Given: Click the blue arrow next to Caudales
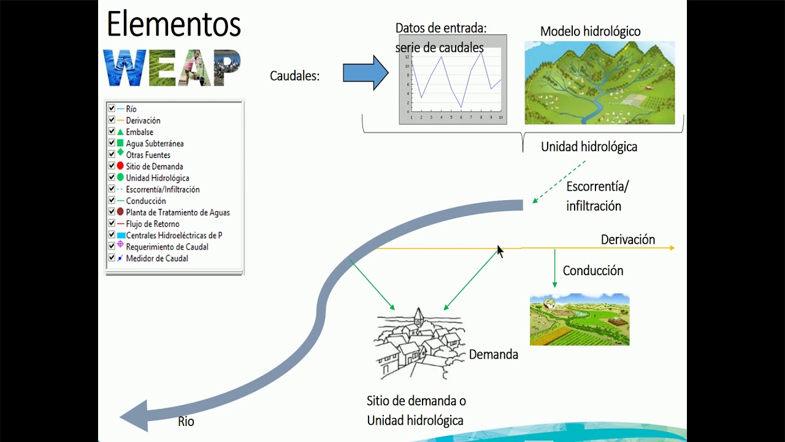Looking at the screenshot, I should click(365, 73).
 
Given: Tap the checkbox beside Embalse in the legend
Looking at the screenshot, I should click(112, 131).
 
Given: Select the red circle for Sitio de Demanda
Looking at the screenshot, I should click(120, 166).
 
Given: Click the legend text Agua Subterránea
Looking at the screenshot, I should click(155, 144).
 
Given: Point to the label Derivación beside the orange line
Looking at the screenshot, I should click(627, 239).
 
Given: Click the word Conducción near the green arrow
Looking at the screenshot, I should click(592, 271).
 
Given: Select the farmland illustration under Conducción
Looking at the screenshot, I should click(580, 319).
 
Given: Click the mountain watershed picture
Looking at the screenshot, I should click(599, 83).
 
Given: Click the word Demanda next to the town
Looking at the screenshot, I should click(493, 355).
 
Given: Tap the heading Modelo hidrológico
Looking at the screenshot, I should click(590, 31).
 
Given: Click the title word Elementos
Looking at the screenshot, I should click(174, 24).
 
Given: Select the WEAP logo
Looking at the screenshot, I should click(172, 68).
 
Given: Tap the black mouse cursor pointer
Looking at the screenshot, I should click(500, 251).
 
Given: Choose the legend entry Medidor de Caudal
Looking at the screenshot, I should click(156, 258).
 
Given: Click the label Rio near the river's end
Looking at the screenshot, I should click(186, 422).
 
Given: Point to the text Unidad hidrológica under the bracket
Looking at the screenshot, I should click(588, 147).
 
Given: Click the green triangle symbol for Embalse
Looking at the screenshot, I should click(120, 131).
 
